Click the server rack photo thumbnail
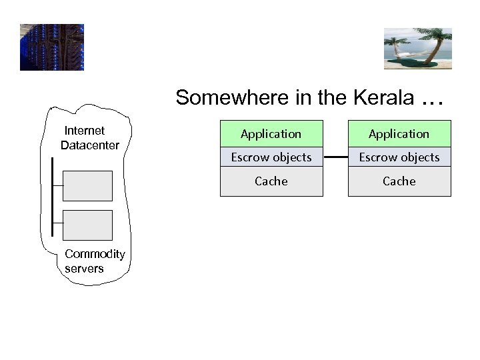pos(52,47)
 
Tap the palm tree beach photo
pos(418,49)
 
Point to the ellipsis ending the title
pos(431,99)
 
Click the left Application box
pos(271,134)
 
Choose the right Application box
pos(399,134)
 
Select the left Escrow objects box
pos(271,157)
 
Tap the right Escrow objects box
pos(399,157)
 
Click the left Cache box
pos(271,181)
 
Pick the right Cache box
pos(399,181)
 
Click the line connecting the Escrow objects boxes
pos(335,157)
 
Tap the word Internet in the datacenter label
pos(84,131)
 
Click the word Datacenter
pos(90,145)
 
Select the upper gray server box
pos(87,186)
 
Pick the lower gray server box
pos(87,225)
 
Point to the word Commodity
pos(95,254)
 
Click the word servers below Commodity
pos(84,269)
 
